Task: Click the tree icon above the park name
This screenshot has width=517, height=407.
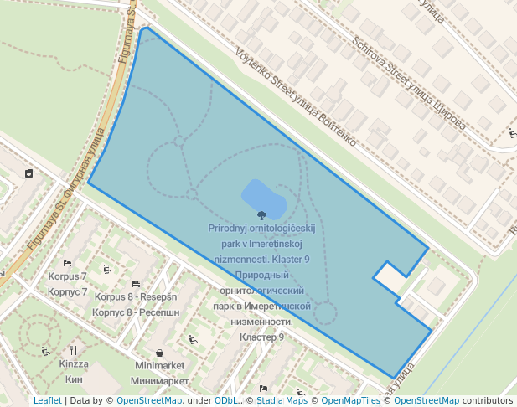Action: (262, 215)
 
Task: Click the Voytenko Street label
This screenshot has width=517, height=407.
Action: (297, 94)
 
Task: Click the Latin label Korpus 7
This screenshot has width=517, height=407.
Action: (67, 276)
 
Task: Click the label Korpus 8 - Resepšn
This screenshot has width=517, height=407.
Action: (136, 296)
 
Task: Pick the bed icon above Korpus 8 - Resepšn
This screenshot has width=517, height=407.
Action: (136, 285)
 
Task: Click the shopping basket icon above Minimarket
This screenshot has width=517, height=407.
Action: (159, 353)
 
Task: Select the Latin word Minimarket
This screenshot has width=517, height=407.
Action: (159, 366)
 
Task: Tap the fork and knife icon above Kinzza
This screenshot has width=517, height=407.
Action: (74, 351)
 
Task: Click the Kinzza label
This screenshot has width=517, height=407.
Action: (74, 364)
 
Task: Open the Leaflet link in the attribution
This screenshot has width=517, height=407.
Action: (47, 401)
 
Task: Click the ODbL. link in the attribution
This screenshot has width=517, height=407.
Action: (225, 401)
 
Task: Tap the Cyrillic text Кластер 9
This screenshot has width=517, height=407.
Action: (261, 337)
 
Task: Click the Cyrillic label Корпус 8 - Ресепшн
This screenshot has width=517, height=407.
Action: (136, 312)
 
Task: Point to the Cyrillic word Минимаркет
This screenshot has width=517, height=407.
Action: (160, 381)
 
